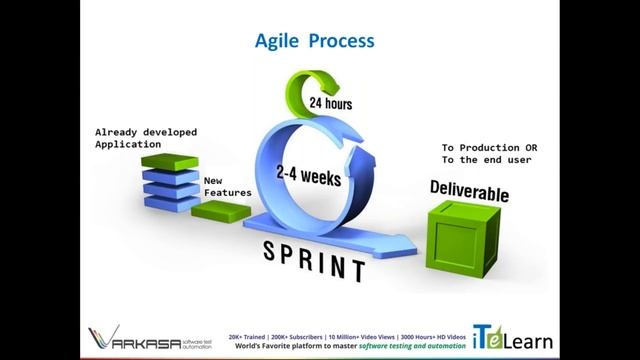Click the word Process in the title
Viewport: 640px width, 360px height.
point(342,42)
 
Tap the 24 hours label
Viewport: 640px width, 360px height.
point(330,103)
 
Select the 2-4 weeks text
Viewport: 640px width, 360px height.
point(309,177)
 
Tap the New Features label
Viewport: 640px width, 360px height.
point(226,187)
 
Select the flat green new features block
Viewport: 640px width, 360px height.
point(221,212)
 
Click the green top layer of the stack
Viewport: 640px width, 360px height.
point(165,161)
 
